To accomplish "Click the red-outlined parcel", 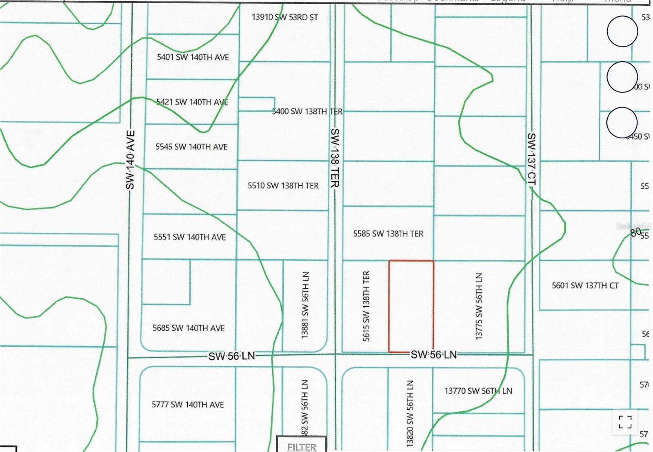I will (x=411, y=306).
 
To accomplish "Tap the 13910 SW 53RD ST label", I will (x=284, y=17).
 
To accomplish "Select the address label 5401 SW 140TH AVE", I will (x=193, y=57).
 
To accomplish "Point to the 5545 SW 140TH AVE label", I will (x=191, y=147).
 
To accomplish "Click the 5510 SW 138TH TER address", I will (x=283, y=186).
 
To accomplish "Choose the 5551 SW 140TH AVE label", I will (x=189, y=237).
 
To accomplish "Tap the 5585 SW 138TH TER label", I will (x=388, y=234).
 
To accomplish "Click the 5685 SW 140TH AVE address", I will (x=189, y=328).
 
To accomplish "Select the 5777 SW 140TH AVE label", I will (x=188, y=405).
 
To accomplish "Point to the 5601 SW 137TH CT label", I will (x=585, y=286).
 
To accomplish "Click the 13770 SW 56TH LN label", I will (x=478, y=391).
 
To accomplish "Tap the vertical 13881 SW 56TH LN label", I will (x=305, y=305).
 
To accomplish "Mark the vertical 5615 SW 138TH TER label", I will (x=366, y=306).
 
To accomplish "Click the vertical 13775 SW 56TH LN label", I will (x=479, y=306).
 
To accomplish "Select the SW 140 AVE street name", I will (x=130, y=160).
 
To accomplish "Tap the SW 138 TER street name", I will (x=335, y=158).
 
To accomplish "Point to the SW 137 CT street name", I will (x=531, y=159).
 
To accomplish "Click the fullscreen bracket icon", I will (x=625, y=422).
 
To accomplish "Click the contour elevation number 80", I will (x=635, y=232).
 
